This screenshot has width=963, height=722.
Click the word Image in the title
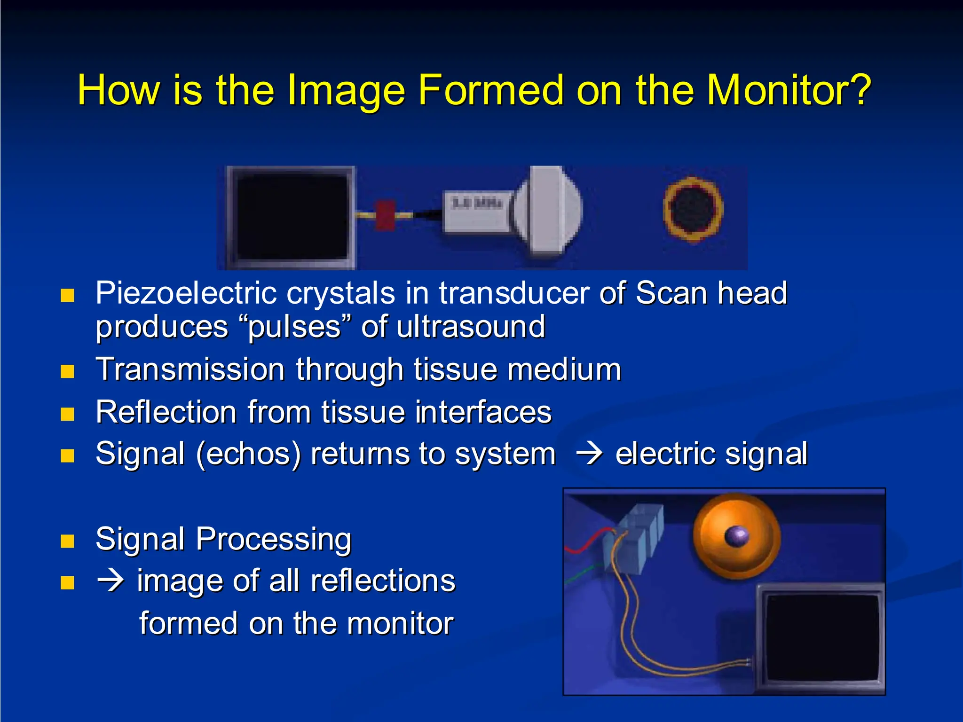click(x=346, y=90)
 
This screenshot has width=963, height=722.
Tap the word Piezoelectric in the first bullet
click(x=186, y=293)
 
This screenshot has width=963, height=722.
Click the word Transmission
click(x=190, y=369)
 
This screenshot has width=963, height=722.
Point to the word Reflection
click(x=166, y=412)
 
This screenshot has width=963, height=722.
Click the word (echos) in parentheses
click(x=248, y=455)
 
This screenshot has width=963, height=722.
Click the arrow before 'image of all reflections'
click(x=111, y=581)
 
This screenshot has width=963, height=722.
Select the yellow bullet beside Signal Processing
click(x=68, y=541)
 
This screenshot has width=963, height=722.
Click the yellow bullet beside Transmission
click(x=68, y=372)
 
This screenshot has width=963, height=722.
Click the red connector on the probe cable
click(x=385, y=215)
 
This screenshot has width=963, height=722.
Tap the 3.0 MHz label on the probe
click(x=477, y=204)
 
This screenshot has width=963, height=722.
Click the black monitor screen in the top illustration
click(x=292, y=217)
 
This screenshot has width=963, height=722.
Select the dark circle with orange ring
click(x=693, y=210)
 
